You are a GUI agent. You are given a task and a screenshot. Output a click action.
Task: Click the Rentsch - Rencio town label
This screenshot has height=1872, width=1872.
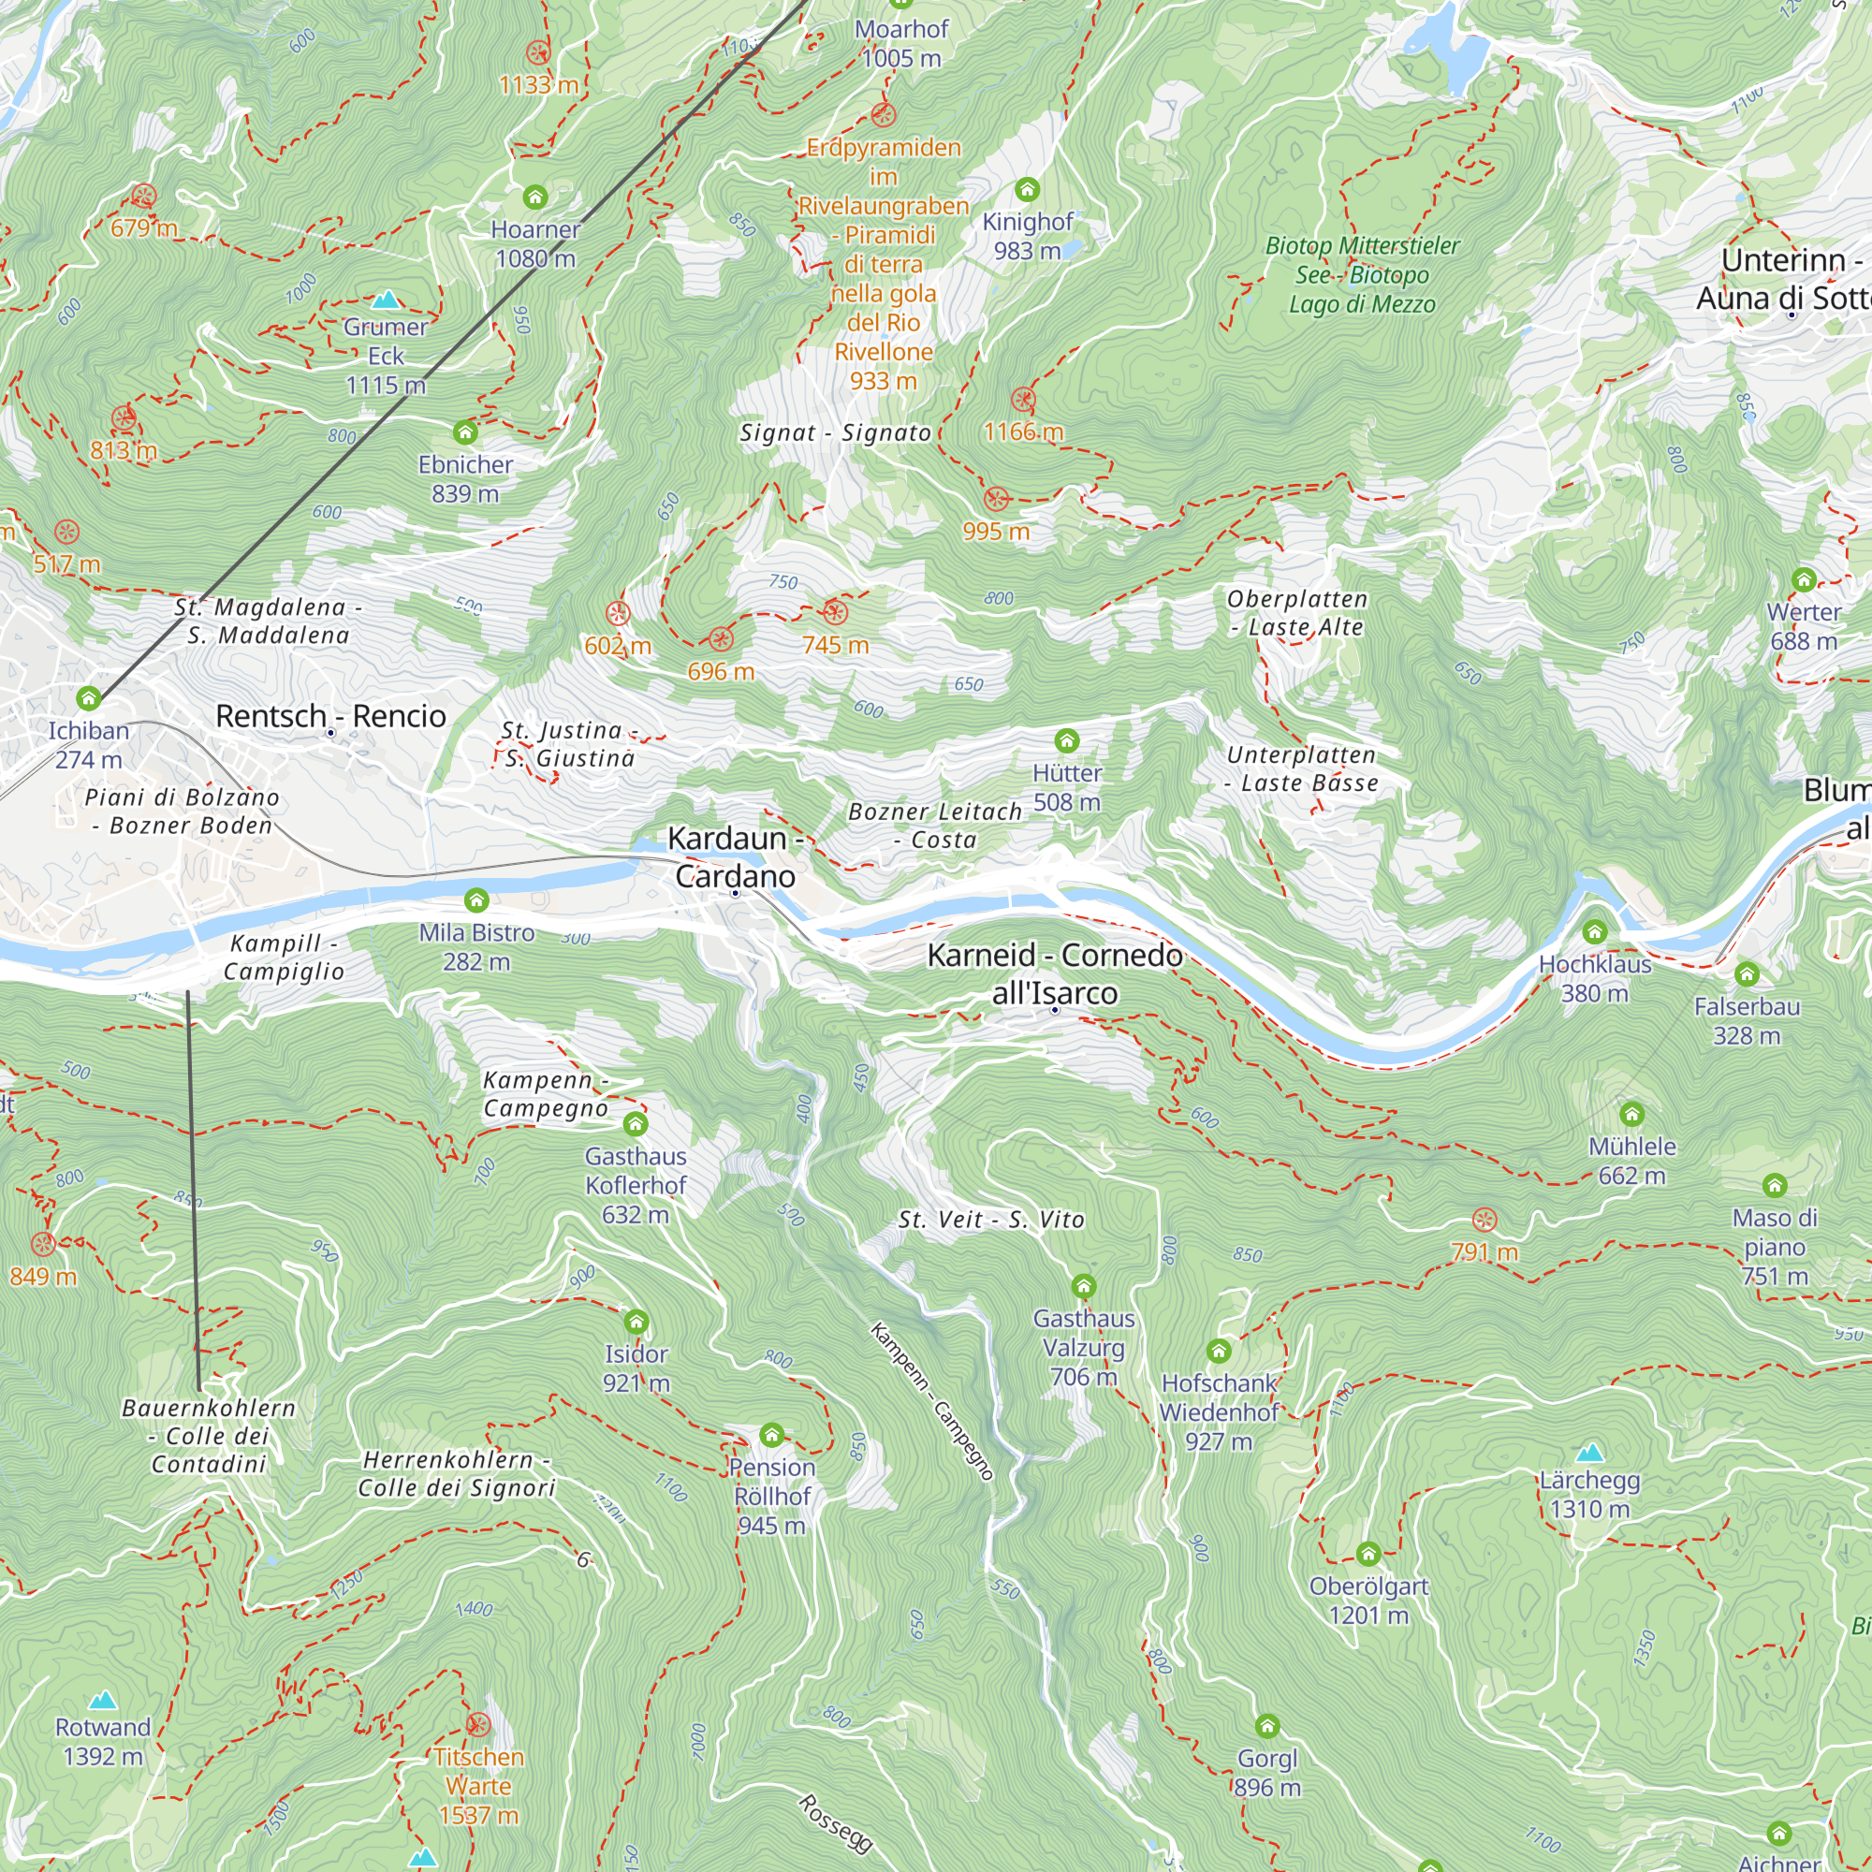(330, 716)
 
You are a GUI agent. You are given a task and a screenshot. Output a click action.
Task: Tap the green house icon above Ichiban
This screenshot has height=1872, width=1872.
(89, 697)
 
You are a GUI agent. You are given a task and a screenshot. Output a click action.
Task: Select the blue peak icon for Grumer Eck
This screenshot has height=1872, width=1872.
(387, 299)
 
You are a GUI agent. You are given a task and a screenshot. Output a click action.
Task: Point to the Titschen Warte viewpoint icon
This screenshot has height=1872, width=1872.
(477, 1725)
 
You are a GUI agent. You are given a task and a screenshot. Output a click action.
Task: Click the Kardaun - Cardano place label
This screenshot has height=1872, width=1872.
(735, 856)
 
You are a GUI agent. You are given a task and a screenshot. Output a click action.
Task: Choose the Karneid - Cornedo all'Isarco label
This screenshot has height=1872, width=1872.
(1054, 973)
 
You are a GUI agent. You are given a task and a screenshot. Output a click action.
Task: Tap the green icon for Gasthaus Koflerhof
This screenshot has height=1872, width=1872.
(636, 1124)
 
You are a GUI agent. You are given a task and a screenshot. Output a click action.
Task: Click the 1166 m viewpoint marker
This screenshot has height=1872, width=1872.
(1023, 400)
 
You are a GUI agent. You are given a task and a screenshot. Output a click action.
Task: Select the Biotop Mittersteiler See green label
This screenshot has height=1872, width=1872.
(1361, 275)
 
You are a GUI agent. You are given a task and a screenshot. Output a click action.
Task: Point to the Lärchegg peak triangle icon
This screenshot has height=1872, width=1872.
(1590, 1453)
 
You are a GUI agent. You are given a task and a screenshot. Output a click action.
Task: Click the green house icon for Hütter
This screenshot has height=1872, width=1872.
(1067, 741)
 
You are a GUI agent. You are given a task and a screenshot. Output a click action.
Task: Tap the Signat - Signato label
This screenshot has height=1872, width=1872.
(835, 433)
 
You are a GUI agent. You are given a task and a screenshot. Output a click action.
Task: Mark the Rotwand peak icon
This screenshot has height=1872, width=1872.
(103, 1701)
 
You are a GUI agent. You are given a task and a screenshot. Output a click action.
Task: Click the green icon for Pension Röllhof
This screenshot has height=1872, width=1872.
(771, 1434)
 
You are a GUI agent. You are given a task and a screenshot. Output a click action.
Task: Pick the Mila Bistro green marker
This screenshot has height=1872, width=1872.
(475, 900)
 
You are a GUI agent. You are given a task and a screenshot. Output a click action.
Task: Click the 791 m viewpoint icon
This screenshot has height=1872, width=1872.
(1484, 1220)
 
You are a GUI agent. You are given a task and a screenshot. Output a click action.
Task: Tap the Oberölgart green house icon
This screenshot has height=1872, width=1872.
(1368, 1554)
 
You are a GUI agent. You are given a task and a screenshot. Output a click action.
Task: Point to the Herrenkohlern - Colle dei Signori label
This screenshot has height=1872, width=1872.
(457, 1474)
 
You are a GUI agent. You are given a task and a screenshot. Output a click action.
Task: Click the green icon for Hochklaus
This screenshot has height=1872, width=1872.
(1595, 932)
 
